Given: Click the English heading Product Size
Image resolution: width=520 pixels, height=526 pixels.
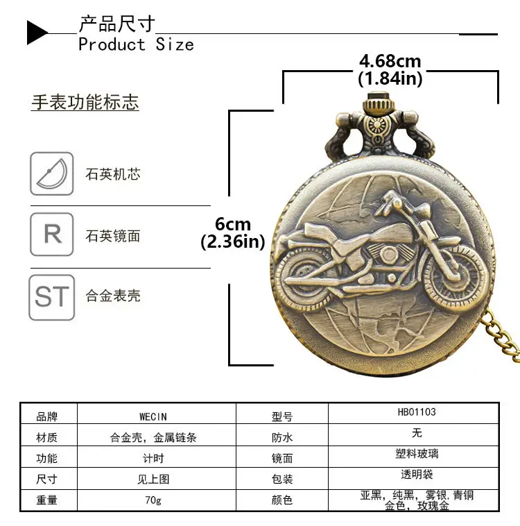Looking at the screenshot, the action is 136,44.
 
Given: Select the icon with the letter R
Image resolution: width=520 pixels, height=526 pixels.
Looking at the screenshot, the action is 51,234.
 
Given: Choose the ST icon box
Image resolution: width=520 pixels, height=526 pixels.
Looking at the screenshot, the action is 51,297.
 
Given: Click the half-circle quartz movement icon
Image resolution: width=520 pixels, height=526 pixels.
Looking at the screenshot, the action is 51,173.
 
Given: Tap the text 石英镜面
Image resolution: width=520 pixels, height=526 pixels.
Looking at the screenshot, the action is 113,236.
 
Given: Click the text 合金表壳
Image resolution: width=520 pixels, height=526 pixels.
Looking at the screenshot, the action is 113,296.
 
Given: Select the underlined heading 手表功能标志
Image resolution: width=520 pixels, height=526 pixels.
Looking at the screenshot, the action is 85,102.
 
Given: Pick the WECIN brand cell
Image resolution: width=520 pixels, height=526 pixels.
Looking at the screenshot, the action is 153,416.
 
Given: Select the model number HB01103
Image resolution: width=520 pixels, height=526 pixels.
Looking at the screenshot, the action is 417,412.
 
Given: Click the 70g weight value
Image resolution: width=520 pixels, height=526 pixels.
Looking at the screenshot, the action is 153,500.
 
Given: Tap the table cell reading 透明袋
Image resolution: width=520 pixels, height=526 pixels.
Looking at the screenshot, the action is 417,475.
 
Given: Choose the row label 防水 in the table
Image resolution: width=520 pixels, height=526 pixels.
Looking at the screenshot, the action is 282,437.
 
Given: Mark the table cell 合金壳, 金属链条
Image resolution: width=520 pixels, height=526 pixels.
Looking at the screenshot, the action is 153,437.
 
